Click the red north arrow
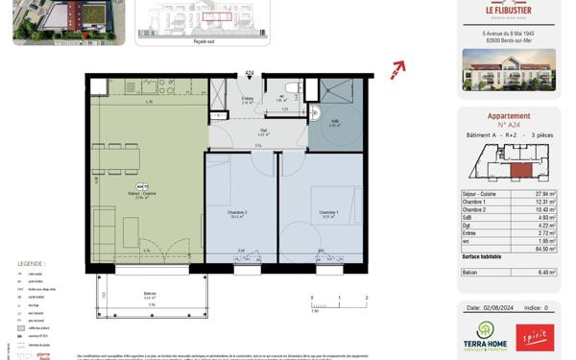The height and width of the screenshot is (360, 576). (x=398, y=69)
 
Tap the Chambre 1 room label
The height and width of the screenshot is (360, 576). (x=328, y=214)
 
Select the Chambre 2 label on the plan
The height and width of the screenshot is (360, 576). (x=238, y=214)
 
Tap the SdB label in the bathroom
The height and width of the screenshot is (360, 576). (x=335, y=120)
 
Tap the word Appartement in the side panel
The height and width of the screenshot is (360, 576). (x=509, y=115)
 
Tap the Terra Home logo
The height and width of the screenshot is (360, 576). (x=479, y=338)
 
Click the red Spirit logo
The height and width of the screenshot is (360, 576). (x=536, y=338)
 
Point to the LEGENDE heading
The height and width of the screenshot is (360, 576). (x=31, y=263)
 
